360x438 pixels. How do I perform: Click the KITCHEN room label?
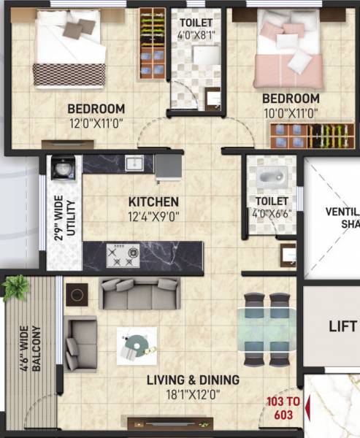pos(153,201)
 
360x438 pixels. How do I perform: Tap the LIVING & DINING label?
pos(193,380)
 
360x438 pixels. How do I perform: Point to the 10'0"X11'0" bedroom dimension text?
pos(291,113)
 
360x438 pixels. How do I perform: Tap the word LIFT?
pos(342,326)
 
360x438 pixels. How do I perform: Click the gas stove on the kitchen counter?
pos(122,255)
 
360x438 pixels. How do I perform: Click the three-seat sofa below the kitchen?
pos(139,294)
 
